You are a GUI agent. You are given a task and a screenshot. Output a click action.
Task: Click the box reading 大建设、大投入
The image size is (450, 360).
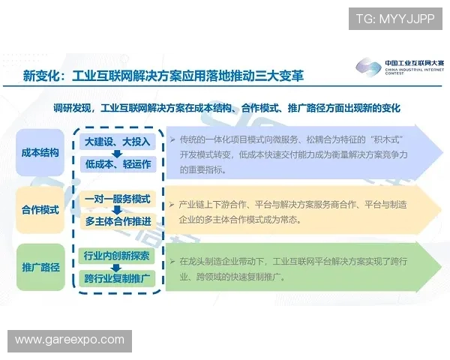(116, 142)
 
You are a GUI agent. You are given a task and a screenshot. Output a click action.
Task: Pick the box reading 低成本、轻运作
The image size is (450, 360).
(116, 164)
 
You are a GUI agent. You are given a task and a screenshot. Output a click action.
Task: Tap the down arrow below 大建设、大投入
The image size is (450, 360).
(116, 153)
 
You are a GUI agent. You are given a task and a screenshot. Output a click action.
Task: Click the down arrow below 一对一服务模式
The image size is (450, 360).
(116, 211)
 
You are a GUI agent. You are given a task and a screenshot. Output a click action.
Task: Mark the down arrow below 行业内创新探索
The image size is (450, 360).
(116, 268)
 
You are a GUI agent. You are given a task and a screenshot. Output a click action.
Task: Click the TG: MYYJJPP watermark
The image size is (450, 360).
(395, 16)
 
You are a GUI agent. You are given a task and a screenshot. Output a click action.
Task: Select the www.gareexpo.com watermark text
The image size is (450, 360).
(70, 340)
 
